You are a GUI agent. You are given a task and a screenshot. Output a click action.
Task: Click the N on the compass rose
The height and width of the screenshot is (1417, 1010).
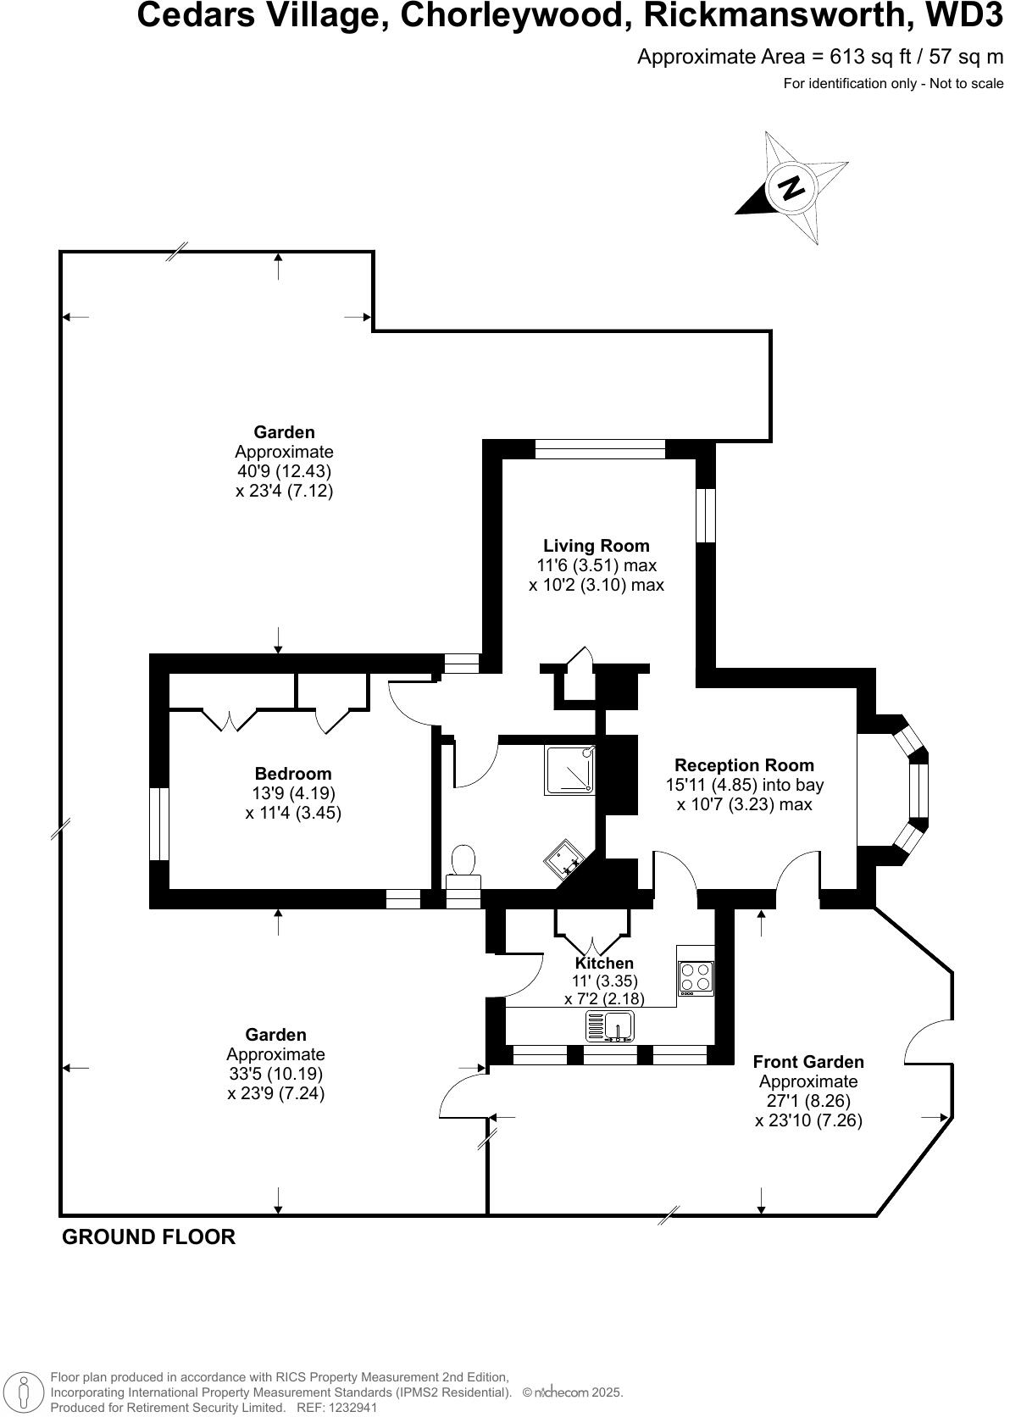(791, 188)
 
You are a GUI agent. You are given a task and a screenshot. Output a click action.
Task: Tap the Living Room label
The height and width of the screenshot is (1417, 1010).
(596, 546)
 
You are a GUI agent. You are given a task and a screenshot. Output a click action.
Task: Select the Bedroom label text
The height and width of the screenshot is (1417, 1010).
(293, 774)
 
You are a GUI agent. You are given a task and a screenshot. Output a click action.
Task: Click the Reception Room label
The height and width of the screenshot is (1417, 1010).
(744, 765)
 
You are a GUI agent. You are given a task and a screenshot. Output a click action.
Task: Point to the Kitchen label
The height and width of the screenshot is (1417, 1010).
(604, 964)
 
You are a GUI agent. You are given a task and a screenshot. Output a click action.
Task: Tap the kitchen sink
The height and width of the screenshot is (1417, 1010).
(610, 1026)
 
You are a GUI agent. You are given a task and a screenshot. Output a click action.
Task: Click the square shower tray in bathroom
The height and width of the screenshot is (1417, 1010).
(569, 770)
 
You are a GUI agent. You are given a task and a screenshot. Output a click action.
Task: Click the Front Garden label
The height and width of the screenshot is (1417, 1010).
(808, 1062)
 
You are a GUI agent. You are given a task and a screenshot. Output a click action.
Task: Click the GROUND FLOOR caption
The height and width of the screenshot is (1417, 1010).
(149, 1237)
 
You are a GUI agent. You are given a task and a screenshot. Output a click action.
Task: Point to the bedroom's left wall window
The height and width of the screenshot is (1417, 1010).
(159, 824)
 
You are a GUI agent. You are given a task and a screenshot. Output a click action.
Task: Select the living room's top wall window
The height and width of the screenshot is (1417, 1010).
(600, 449)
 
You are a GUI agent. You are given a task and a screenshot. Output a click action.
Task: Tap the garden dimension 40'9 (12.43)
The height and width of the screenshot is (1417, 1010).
(284, 471)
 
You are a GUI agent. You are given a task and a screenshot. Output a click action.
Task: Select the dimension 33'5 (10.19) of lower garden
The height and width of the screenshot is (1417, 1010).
(275, 1074)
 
